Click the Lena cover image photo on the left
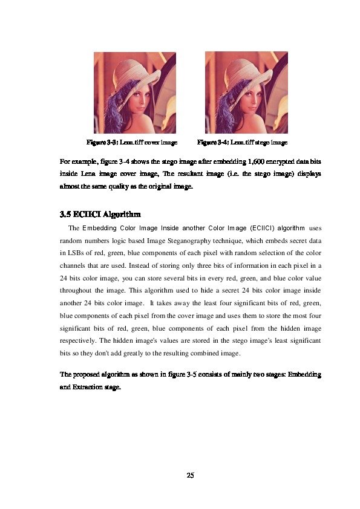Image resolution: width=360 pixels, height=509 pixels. [134, 92]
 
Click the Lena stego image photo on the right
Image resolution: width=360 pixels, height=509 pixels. [246, 92]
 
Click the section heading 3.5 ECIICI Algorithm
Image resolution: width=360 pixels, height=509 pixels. [100, 214]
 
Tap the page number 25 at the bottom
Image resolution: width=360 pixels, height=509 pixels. [190, 476]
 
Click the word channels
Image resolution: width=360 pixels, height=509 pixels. [74, 265]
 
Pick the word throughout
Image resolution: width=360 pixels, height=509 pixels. [77, 290]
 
